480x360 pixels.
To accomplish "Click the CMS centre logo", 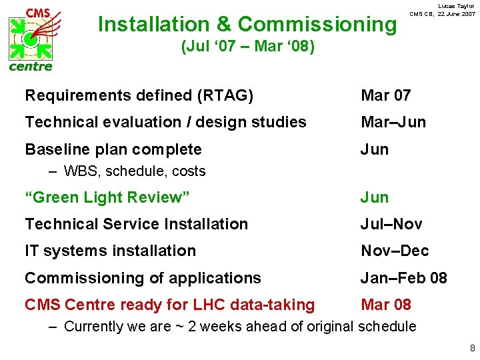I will (x=31, y=39).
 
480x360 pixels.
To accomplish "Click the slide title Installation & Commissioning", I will (x=247, y=25).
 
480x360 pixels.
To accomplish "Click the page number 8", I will (x=472, y=348).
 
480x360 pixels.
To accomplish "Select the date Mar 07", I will (x=385, y=96).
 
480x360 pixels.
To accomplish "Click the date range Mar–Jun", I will (x=393, y=123).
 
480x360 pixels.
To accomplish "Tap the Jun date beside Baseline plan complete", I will (x=375, y=149).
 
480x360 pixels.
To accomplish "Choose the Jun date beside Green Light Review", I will (x=375, y=197).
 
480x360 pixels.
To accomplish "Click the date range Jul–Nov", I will (x=391, y=224).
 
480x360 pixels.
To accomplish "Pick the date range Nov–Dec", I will (x=395, y=251).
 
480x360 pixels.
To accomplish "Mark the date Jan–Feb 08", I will (x=404, y=278).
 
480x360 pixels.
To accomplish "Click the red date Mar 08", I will (x=386, y=305).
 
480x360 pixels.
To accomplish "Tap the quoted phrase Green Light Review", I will (x=107, y=197).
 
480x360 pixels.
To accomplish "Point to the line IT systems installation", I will (x=110, y=251).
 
